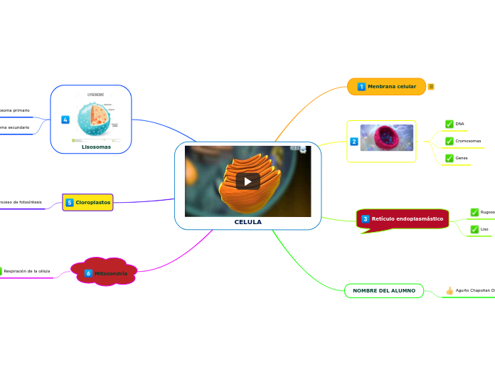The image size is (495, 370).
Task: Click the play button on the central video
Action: click(247, 181)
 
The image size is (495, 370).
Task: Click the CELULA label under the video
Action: click(247, 222)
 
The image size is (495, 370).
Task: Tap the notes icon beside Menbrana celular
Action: click(431, 87)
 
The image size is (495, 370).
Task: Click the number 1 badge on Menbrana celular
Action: click(361, 87)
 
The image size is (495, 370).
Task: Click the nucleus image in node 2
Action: click(387, 138)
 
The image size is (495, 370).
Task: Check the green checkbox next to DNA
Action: click(449, 124)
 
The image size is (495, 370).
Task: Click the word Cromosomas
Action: click(468, 141)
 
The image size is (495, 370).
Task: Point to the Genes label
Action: click(462, 158)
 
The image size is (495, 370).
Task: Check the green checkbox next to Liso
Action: click(474, 229)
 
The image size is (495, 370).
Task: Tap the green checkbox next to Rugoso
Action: click(474, 212)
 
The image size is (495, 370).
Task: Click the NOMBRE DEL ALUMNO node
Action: click(384, 290)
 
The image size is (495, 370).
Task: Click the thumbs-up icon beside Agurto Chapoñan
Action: click(449, 290)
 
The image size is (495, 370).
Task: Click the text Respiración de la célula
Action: click(27, 271)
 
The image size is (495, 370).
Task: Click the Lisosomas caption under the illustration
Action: click(96, 147)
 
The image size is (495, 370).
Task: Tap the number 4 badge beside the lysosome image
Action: click(65, 120)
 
